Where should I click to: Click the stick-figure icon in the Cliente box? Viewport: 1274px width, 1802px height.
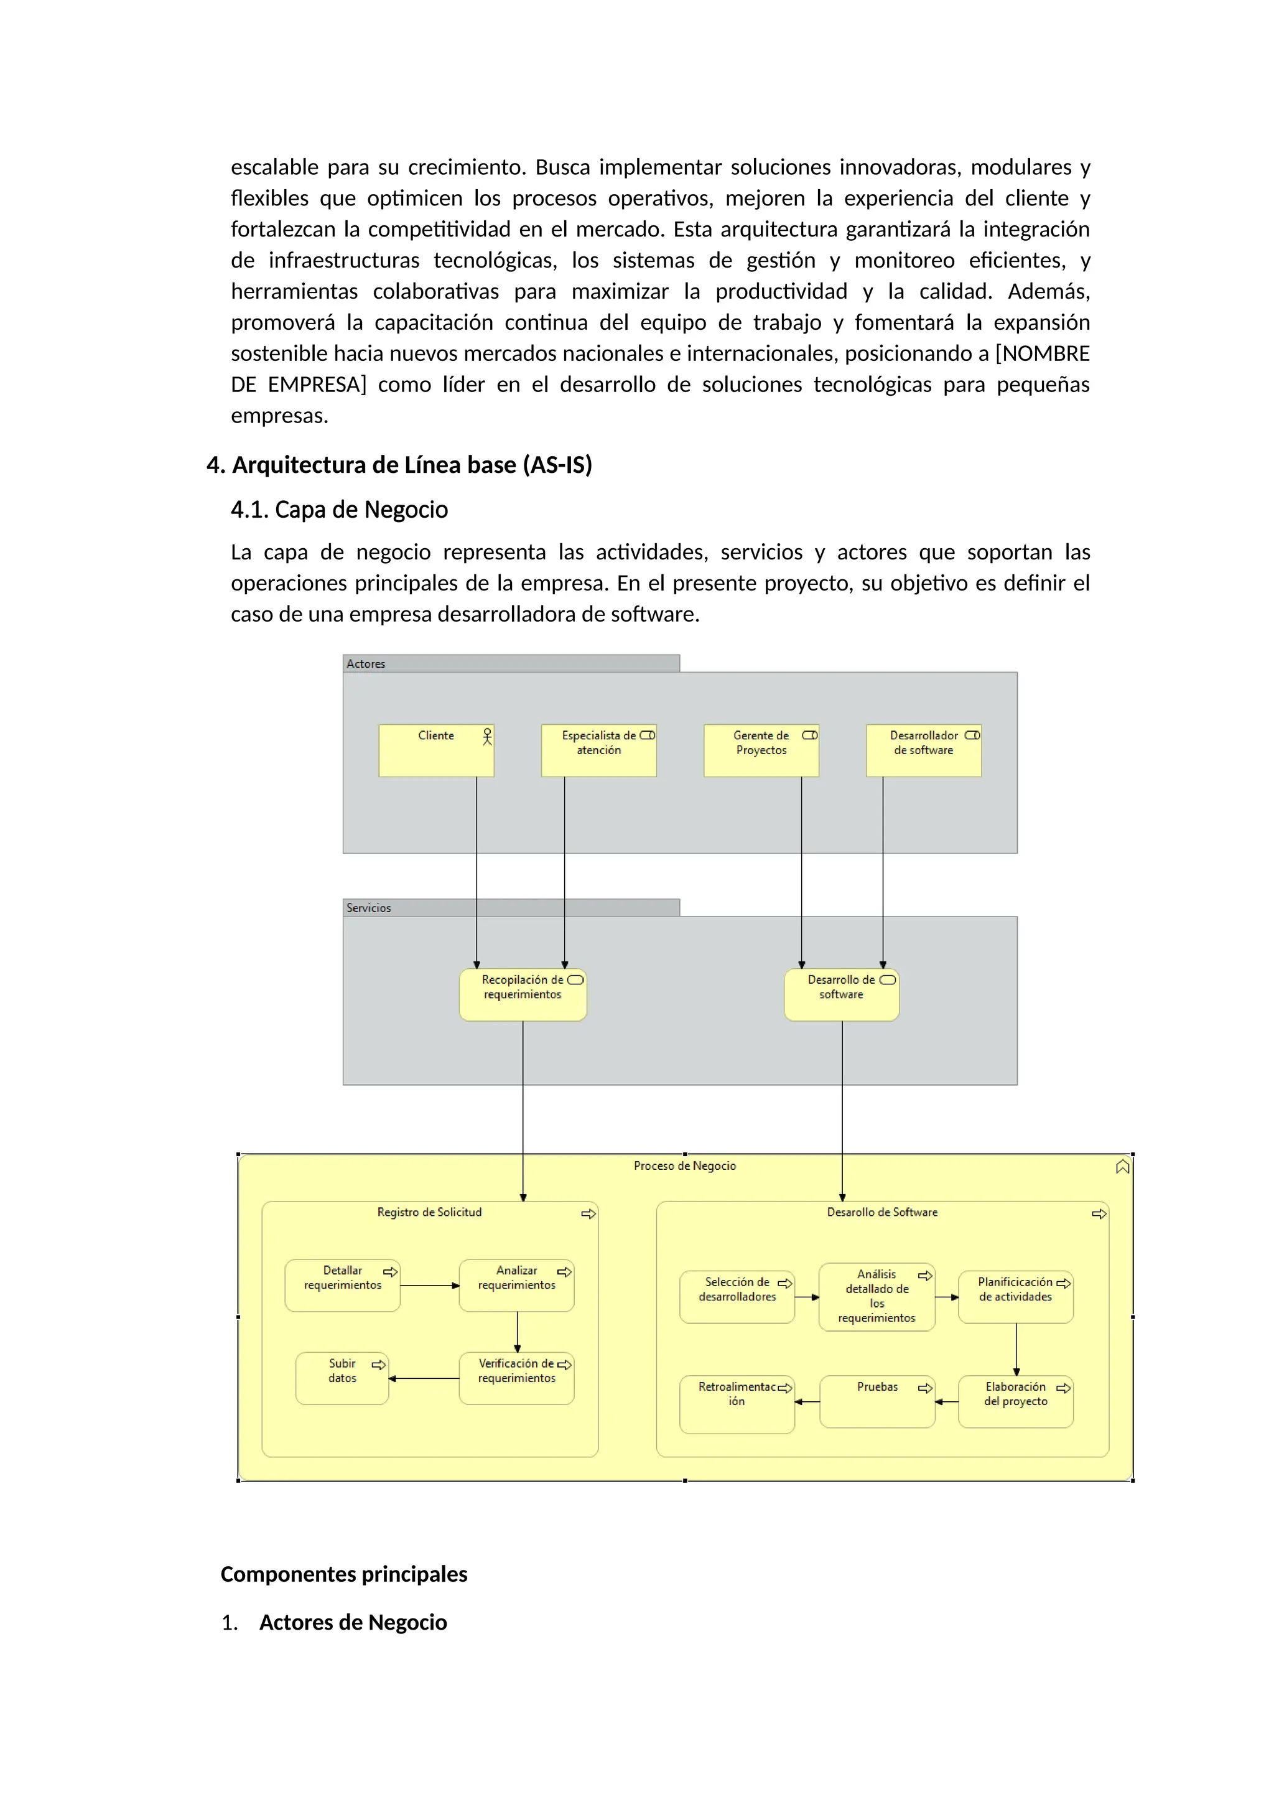coord(487,736)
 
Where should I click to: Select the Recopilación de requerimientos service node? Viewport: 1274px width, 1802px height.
coord(523,995)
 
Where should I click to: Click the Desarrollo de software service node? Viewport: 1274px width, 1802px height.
coord(841,995)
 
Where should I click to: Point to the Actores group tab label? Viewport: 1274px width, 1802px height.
coord(366,664)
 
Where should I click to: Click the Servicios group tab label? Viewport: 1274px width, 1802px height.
coord(369,908)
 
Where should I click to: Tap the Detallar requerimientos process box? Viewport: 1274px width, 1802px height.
coord(342,1286)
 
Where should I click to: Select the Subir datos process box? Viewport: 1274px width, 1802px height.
coord(342,1378)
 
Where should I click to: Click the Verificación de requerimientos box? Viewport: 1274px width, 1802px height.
coord(516,1378)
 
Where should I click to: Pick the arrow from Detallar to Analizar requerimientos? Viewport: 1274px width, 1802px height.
coord(429,1286)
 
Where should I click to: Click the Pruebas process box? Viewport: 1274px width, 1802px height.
coord(876,1402)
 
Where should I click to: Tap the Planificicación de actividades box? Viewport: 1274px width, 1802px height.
coord(1015,1297)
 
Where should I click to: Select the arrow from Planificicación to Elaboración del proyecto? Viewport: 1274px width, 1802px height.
coord(1016,1350)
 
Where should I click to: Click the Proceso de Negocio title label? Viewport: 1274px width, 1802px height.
coord(684,1166)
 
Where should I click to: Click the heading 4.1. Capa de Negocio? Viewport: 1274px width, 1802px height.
coord(339,510)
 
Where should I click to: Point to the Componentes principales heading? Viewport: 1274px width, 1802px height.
coord(343,1574)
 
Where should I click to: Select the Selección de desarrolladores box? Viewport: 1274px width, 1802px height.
coord(737,1297)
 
